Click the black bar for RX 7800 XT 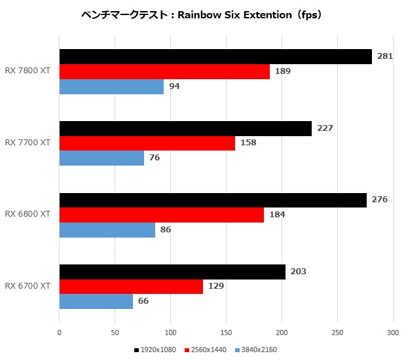pyautogui.click(x=215, y=56)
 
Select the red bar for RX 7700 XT pyautogui.click(x=147, y=143)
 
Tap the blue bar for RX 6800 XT pyautogui.click(x=107, y=230)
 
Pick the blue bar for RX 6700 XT pyautogui.click(x=96, y=301)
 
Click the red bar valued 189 pyautogui.click(x=164, y=71)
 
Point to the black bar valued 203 pyautogui.click(x=172, y=272)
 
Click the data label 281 pyautogui.click(x=385, y=56)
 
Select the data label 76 pyautogui.click(x=154, y=158)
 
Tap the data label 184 pyautogui.click(x=277, y=215)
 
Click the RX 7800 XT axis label pyautogui.click(x=28, y=71)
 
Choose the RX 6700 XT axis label pyautogui.click(x=28, y=286)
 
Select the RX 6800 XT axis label pyautogui.click(x=28, y=215)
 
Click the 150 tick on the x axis pyautogui.click(x=227, y=332)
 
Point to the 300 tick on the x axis pyautogui.click(x=393, y=332)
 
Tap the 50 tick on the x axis pyautogui.click(x=115, y=332)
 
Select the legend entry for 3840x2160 pyautogui.click(x=256, y=350)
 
